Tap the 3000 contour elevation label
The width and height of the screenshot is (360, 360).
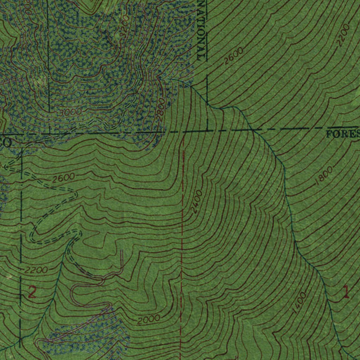click(x=70, y=112)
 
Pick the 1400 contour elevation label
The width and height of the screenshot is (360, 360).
click(x=299, y=302)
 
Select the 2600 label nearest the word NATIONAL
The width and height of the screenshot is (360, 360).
click(x=233, y=56)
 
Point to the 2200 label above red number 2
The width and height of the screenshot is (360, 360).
click(x=36, y=270)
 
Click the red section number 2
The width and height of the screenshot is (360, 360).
click(x=32, y=292)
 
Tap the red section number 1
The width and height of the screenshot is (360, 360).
click(x=346, y=292)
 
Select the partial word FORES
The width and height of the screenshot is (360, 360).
click(x=343, y=134)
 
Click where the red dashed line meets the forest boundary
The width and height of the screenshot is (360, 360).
click(x=183, y=132)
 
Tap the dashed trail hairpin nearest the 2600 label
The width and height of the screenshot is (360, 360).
click(x=75, y=194)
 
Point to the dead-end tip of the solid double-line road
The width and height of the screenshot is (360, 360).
click(x=121, y=251)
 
